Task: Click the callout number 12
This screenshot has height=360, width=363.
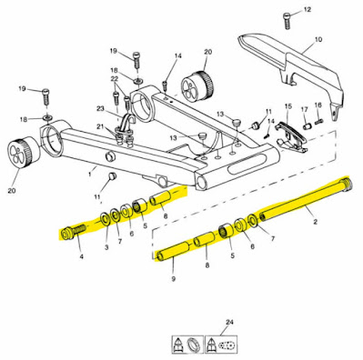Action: point(307,10)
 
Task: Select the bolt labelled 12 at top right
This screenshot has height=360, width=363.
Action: point(287,21)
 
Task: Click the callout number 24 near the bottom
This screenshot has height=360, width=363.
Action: point(229,323)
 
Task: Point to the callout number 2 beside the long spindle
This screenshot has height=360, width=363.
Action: point(316,222)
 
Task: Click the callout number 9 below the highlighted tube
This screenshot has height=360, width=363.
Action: point(174,279)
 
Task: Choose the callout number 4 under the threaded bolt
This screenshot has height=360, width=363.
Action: point(81,257)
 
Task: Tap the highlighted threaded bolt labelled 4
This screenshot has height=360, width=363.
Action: point(72,233)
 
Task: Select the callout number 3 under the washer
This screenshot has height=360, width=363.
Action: point(106,247)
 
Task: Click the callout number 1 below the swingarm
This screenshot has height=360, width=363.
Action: point(90,175)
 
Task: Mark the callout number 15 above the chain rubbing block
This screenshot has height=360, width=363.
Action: point(288,106)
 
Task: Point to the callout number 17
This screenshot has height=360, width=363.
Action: point(304,109)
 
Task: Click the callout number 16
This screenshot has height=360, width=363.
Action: point(318,105)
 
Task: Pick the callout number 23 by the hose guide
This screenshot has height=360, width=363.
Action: point(100,108)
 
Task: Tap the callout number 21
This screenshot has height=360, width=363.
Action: point(100,126)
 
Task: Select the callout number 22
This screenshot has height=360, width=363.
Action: point(115,78)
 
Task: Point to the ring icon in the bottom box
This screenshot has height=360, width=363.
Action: point(193,345)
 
